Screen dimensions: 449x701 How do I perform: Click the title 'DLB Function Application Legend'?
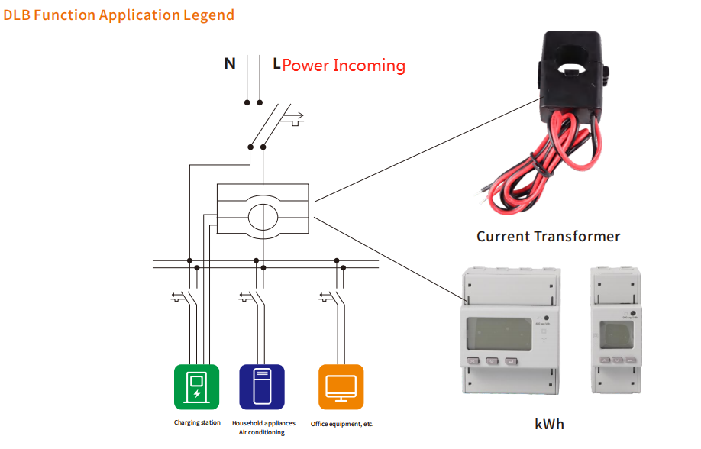point(119,15)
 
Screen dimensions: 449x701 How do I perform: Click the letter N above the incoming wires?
point(229,64)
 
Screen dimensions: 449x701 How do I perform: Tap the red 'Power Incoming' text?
point(344,66)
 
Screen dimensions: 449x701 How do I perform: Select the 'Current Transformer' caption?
point(548,236)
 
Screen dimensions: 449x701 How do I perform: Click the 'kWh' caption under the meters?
point(550,423)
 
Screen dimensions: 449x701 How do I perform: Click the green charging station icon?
point(196,387)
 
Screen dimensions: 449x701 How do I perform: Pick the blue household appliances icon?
point(262,387)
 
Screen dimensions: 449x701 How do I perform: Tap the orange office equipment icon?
point(341,387)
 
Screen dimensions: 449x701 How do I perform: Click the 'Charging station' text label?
point(197,422)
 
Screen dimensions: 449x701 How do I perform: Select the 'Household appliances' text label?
point(263,423)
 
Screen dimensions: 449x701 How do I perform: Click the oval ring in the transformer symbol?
point(263,212)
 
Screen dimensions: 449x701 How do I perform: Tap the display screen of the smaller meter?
point(615,334)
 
